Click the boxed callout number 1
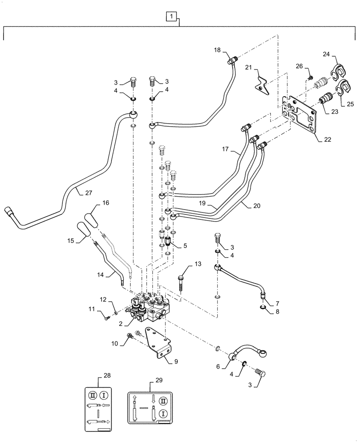click(172, 17)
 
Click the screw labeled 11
click(106, 315)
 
